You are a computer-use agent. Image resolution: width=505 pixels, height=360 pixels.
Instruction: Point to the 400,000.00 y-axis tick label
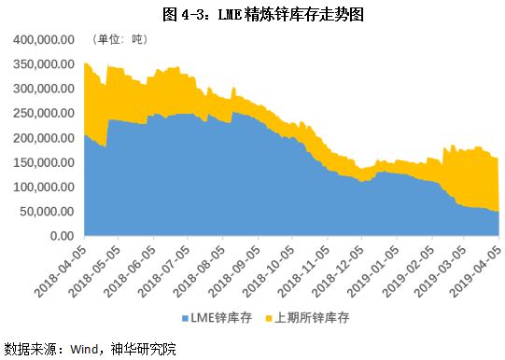[44, 39]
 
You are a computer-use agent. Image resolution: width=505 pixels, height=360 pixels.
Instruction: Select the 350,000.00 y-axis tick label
[44, 63]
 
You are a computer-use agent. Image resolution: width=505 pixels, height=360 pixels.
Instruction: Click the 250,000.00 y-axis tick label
[44, 113]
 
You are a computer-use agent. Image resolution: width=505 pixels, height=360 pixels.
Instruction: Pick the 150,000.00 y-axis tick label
[44, 162]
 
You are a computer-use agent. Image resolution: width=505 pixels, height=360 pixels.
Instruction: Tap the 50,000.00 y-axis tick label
[48, 212]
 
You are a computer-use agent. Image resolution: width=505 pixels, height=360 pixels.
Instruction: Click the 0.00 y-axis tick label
[62, 236]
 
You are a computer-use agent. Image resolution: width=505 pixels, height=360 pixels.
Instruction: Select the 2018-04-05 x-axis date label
[63, 269]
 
